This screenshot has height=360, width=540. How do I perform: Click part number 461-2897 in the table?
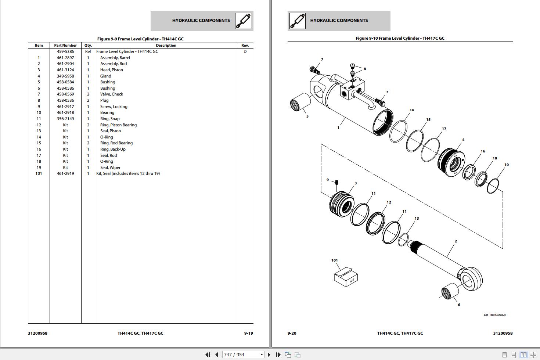click(65, 58)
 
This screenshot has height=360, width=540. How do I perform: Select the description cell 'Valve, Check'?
click(112, 94)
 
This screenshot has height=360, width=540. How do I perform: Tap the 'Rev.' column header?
click(245, 46)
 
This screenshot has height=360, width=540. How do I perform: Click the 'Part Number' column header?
click(65, 46)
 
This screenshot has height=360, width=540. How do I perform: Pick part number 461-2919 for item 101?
click(65, 173)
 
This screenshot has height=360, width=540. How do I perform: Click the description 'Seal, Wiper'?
click(110, 168)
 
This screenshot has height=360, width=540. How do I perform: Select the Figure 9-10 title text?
click(400, 38)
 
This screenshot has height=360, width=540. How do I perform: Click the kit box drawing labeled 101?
click(346, 277)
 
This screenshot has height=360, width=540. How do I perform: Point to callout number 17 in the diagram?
click(444, 129)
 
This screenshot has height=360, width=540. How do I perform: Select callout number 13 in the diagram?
click(417, 218)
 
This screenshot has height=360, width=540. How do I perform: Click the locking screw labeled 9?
click(336, 183)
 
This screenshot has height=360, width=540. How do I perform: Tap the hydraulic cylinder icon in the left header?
click(243, 21)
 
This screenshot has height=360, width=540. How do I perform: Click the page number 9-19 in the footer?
click(248, 333)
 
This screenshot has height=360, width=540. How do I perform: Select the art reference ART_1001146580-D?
click(494, 315)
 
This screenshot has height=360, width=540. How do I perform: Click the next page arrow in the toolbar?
click(269, 354)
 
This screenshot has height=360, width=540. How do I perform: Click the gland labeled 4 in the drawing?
click(451, 161)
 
